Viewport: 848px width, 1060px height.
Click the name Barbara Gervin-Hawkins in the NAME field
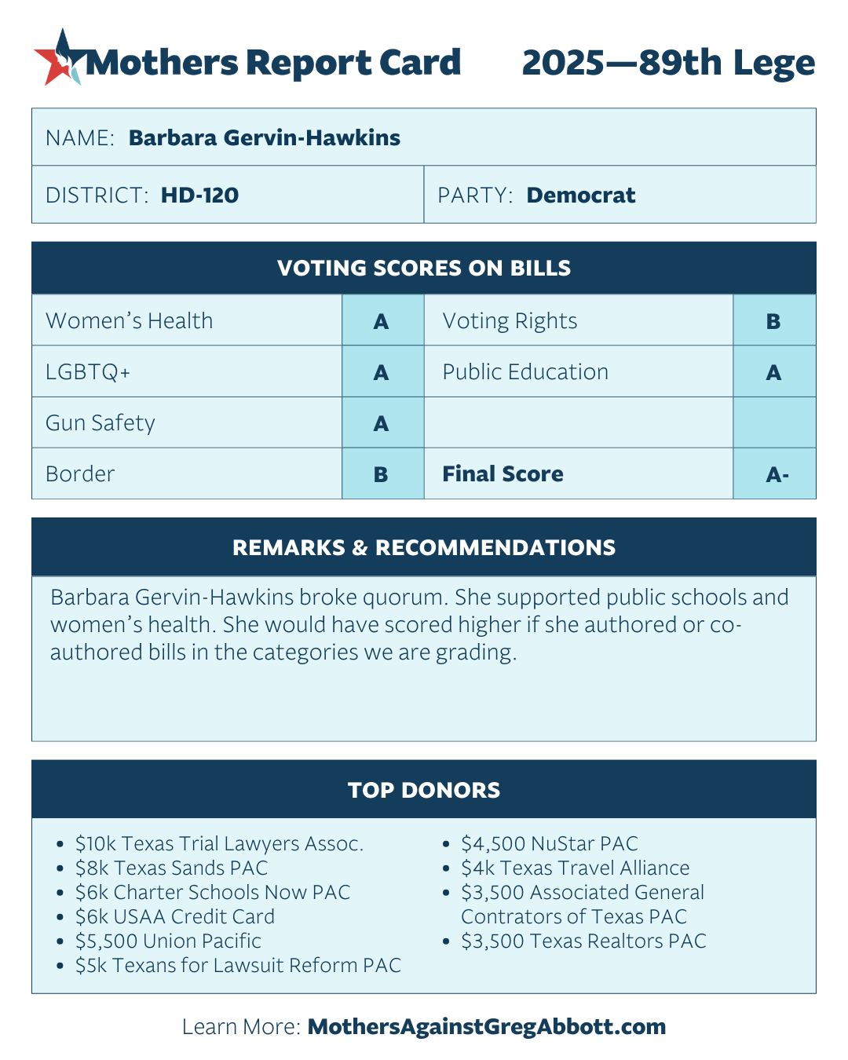[264, 138]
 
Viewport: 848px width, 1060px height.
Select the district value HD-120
[199, 196]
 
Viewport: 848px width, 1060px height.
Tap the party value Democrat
[580, 196]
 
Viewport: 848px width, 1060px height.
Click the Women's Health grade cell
[382, 321]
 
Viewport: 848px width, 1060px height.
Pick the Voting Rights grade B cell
[773, 321]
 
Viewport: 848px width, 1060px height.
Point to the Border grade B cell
[382, 474]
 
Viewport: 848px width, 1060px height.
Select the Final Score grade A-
[776, 474]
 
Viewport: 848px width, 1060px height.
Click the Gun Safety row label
[101, 423]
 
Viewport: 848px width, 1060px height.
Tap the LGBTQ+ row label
[88, 372]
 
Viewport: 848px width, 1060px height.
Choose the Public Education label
[525, 372]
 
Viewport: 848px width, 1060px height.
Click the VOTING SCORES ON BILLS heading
[424, 269]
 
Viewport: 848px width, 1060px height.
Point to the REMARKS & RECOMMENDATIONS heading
[424, 548]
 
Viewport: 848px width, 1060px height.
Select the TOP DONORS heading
[424, 790]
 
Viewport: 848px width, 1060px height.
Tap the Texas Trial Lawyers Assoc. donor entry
[219, 844]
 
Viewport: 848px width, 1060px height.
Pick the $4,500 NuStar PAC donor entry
[549, 844]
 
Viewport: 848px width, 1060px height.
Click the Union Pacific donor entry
[168, 941]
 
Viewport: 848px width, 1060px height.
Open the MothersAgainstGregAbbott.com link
[487, 1027]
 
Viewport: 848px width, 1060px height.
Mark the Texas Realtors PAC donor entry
[583, 941]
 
